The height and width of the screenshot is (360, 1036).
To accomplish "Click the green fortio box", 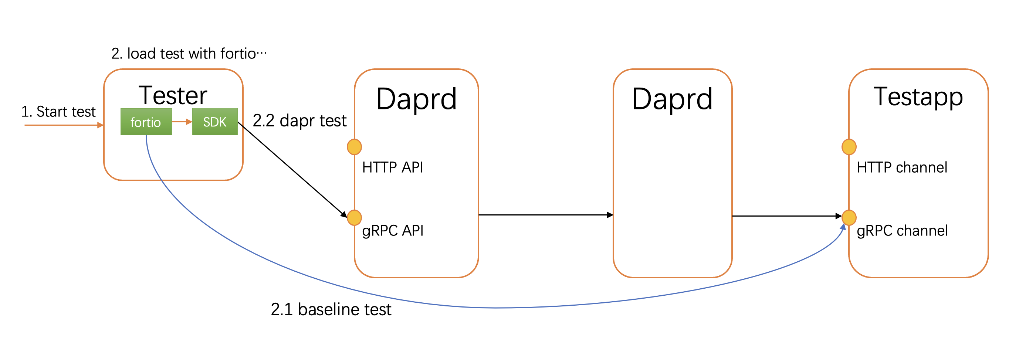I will (x=146, y=122).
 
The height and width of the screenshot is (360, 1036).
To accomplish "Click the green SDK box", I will (x=215, y=122).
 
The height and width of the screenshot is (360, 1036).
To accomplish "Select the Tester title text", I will (x=173, y=96).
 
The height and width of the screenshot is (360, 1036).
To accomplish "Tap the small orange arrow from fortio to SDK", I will (x=182, y=122).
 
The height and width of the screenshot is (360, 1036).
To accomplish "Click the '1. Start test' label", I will (x=58, y=111).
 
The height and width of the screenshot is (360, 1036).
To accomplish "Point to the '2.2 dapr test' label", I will (x=299, y=120).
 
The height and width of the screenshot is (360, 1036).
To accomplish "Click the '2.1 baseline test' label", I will (x=331, y=309).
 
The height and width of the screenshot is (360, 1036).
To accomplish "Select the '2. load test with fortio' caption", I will (x=189, y=54).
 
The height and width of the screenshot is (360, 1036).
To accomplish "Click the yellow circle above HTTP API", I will (x=354, y=147).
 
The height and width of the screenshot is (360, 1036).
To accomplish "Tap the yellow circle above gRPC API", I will (x=354, y=218).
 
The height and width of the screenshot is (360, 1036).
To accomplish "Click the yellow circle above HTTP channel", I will (x=849, y=147).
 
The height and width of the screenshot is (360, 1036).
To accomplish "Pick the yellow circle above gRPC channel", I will (x=849, y=218).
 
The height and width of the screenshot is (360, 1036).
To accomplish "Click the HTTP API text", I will (x=393, y=167).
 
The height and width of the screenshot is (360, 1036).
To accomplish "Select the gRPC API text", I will (x=393, y=231).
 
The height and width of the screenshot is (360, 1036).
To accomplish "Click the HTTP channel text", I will (x=902, y=167).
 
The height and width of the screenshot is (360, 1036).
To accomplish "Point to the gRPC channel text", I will (x=902, y=231).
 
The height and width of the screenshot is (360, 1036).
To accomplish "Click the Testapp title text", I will (x=918, y=97).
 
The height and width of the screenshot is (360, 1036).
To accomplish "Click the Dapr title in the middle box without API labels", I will (x=672, y=99).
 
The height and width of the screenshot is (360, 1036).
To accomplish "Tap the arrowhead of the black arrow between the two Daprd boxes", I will (x=610, y=215).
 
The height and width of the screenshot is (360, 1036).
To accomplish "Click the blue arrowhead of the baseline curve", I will (x=843, y=227).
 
